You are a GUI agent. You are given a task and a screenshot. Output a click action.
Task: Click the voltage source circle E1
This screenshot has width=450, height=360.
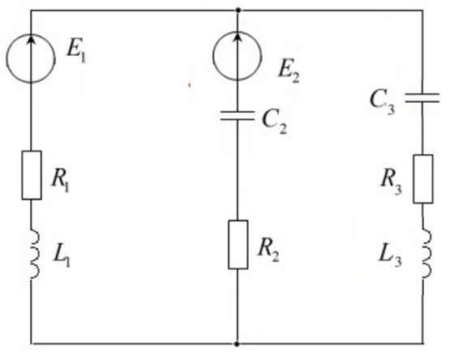tap(6, 58)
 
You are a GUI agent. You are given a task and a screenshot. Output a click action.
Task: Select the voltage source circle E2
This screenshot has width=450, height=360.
tap(213, 56)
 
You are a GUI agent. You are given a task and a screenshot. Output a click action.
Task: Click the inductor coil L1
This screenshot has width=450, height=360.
tap(35, 254)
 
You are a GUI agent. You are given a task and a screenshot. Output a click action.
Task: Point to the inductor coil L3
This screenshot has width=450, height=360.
tap(426, 253)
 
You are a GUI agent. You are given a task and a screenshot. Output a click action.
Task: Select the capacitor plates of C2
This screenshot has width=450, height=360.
tap(237, 115)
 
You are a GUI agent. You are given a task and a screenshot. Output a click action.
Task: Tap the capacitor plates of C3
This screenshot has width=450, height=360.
tap(422, 97)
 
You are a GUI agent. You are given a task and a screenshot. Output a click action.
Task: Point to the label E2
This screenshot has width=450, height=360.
tap(289, 73)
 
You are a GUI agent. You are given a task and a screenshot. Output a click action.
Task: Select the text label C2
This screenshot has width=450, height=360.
tap(274, 123)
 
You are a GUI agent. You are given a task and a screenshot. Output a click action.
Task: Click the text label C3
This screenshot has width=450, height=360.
tap(382, 102)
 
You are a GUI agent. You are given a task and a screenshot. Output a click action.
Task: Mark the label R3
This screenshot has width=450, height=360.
tap(391, 184)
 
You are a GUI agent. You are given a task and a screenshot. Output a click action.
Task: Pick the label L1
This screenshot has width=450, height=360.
tap(62, 256)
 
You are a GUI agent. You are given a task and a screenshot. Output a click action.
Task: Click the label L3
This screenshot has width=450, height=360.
tap(389, 257)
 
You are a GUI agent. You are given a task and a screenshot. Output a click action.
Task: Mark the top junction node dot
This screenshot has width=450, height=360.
tap(238, 11)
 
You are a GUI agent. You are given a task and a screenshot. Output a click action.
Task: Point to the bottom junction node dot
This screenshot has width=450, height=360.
tap(237, 344)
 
